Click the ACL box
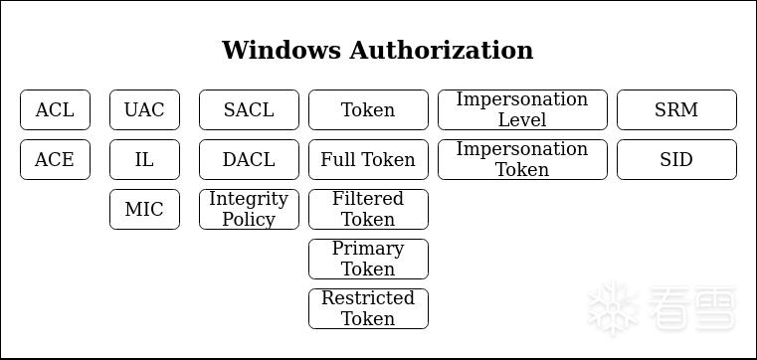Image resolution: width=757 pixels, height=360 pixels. pos(55,110)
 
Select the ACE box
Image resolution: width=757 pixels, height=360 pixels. pos(55,160)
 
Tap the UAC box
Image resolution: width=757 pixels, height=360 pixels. pos(145,110)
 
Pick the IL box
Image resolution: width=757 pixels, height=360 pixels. pos(145,160)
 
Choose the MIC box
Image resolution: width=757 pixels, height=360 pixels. pos(145,210)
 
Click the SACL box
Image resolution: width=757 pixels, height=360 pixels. pos(249,110)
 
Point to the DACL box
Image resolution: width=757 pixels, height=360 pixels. pos(249,160)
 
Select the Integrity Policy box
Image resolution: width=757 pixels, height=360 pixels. pos(249,210)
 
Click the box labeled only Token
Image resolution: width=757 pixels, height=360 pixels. pos(368,110)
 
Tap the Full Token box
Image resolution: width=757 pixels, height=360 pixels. pos(368,160)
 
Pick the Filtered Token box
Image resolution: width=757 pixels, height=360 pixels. pos(368,210)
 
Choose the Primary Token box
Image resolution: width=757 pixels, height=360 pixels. pos(368,260)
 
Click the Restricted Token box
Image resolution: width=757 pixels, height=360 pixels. pos(368,309)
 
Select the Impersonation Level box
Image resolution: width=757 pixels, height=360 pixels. pos(523,110)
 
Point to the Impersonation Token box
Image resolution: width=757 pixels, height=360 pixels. pos(523,160)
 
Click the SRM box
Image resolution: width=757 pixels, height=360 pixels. pos(676,110)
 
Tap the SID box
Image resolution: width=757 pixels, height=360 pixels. pos(676,160)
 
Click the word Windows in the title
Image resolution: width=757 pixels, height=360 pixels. pos(282,50)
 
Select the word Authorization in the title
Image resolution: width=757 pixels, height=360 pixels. pos(442,50)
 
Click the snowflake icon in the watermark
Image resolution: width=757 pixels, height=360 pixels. pos(614,307)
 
